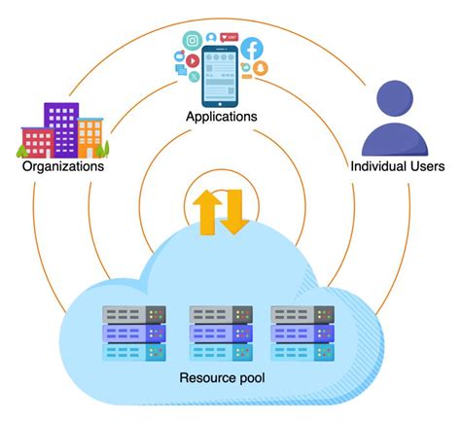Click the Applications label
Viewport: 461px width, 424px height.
point(222,117)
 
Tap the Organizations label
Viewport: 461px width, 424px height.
point(62,166)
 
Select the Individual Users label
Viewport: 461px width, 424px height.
point(397,166)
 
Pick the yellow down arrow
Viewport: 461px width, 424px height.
point(234,214)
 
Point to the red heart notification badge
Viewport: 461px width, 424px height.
point(230,37)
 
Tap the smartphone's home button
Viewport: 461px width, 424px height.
point(222,101)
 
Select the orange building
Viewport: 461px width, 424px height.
point(90,137)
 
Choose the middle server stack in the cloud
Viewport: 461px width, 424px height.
point(219,334)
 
